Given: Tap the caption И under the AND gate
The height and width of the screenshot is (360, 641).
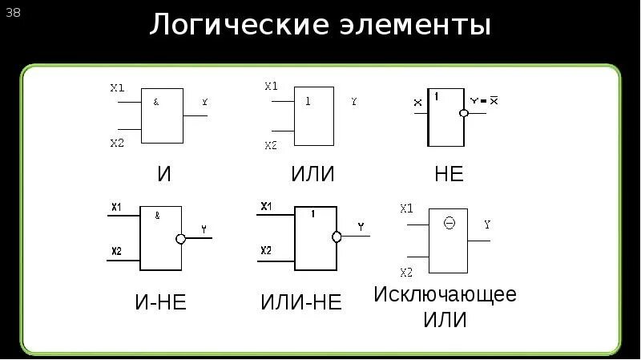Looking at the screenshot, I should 165,174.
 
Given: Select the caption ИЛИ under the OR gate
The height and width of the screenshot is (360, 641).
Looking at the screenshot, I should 312,174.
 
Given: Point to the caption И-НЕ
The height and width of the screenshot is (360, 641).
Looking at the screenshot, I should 161,302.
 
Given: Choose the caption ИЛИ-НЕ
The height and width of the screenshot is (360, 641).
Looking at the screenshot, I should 301,302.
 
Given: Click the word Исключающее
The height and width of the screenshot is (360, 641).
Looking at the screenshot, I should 445,293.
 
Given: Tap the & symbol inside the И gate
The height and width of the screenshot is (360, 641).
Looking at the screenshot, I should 155,103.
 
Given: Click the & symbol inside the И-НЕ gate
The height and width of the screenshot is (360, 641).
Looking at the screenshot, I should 157,215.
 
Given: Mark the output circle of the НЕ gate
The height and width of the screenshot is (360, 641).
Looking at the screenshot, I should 463,114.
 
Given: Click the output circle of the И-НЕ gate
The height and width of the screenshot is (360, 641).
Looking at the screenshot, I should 181,239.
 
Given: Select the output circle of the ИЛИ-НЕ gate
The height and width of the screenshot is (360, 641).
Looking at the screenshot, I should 337,237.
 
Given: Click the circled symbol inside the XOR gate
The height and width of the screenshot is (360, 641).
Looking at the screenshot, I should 449,224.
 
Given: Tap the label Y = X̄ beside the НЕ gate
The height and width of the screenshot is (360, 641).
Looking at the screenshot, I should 484,101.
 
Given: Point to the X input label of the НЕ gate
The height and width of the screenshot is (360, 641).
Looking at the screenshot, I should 417,103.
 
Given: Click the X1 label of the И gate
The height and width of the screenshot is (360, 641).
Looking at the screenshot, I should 117,87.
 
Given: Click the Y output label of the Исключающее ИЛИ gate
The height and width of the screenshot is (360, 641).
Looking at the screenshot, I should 487,224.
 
